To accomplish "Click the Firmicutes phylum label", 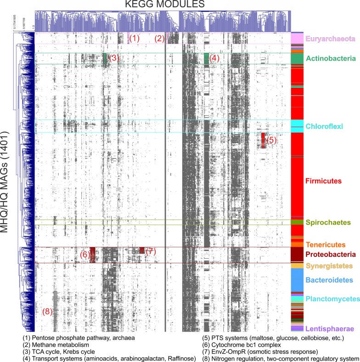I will (325, 181).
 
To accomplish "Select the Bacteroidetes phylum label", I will (329, 279).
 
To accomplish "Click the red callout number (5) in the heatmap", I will (271, 140).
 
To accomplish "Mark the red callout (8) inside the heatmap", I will (48, 311).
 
